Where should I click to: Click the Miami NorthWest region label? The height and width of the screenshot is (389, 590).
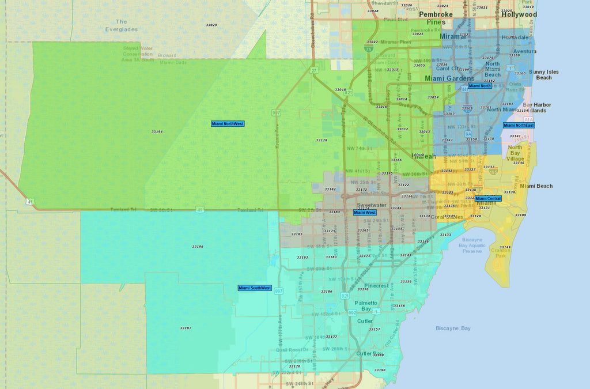[228, 124]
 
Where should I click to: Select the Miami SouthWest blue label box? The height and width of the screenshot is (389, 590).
[255, 288]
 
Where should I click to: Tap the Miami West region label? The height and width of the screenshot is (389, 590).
[365, 213]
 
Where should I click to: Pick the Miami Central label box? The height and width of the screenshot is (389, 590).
[488, 198]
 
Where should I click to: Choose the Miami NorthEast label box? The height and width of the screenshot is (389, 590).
[519, 125]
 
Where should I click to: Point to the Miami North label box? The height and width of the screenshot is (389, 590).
[480, 86]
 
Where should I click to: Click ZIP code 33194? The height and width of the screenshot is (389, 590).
[157, 132]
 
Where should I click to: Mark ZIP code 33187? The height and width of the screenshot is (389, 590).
[185, 328]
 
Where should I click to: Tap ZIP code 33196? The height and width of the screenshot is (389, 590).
[198, 247]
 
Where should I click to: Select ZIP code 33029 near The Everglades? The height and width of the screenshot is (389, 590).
[211, 25]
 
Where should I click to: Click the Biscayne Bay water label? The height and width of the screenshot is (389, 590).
[453, 328]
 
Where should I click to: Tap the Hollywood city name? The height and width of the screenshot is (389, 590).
[519, 15]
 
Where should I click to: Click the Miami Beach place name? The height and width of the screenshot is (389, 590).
[536, 186]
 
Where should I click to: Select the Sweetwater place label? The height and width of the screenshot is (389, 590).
[371, 205]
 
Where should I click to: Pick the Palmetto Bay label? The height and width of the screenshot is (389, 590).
[366, 306]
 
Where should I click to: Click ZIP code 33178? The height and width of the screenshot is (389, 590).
[322, 140]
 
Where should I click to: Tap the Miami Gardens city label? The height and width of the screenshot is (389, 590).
[449, 78]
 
